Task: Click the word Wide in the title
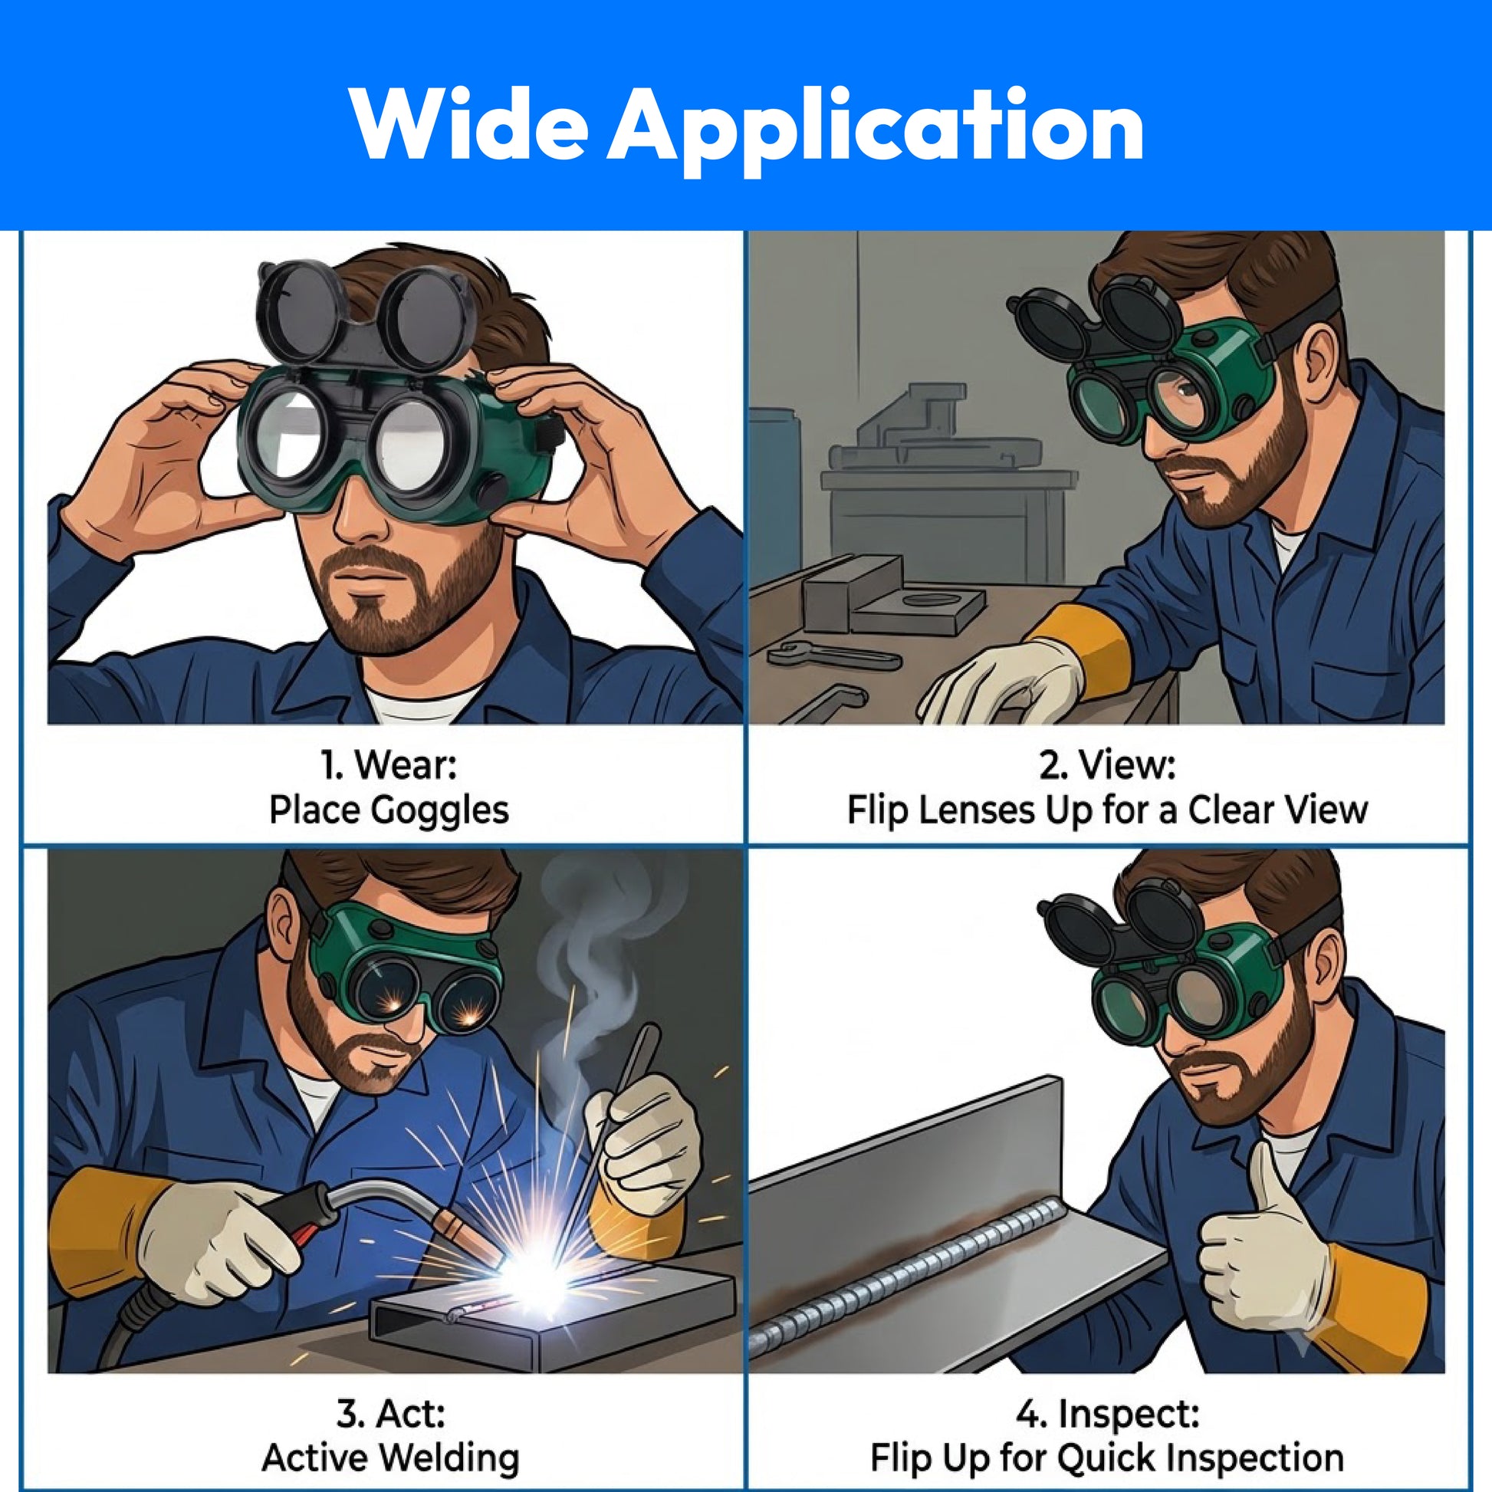point(467,123)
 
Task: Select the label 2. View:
point(1106,765)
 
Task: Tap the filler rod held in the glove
point(622,1112)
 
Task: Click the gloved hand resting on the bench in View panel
point(1004,679)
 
